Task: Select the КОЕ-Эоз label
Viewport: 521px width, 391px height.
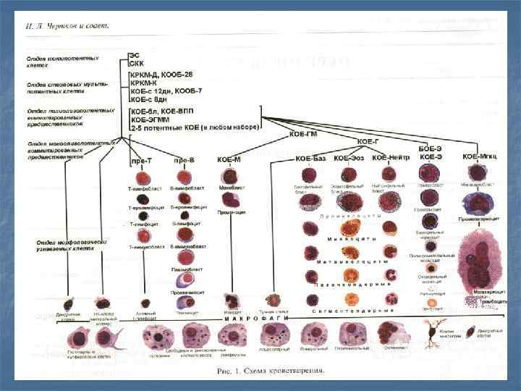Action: tap(350, 157)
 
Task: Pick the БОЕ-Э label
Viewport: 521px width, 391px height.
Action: tap(431, 147)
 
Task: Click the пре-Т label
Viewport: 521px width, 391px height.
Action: tap(141, 159)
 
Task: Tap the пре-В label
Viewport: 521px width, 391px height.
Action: tap(185, 159)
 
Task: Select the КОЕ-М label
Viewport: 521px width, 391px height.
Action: tap(230, 159)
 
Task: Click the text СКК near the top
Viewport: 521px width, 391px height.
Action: tap(137, 63)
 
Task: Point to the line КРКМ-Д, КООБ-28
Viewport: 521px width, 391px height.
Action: tap(161, 74)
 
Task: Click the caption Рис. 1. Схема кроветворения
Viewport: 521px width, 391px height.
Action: tap(272, 372)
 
